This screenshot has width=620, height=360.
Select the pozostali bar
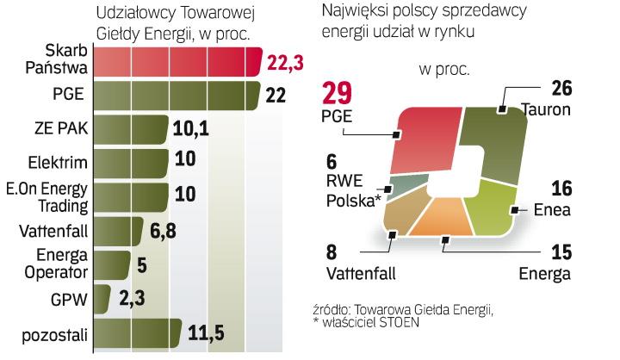135,334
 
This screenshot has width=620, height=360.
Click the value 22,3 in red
287,63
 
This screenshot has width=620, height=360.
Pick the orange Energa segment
443,220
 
